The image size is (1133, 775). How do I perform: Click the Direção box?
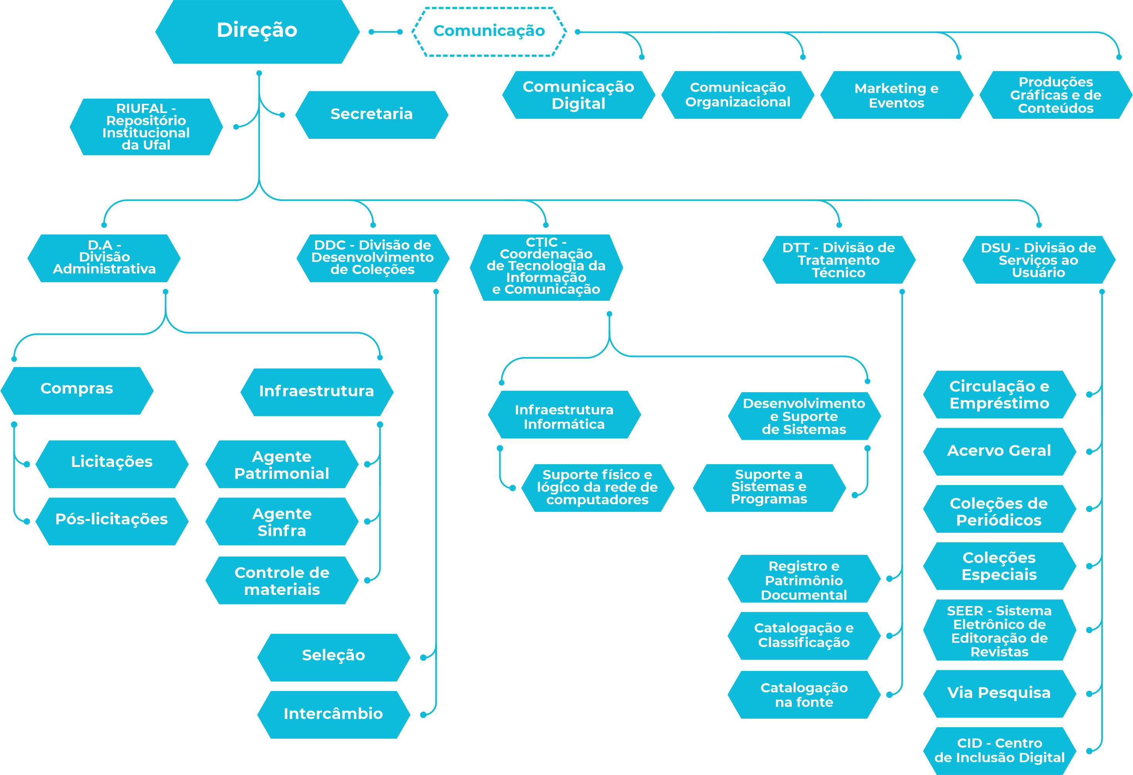(257, 31)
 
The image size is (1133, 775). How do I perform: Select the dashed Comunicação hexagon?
(489, 31)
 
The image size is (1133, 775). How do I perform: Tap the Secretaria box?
(371, 115)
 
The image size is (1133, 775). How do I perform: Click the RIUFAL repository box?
(146, 127)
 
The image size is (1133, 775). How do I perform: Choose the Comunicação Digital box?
(578, 95)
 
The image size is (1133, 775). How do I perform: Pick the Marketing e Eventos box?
(896, 95)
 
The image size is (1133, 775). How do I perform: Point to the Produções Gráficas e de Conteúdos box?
(1055, 95)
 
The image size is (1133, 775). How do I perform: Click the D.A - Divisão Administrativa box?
(104, 258)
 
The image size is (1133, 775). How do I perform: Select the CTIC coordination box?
(546, 267)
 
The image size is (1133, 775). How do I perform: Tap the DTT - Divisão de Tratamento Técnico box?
(838, 260)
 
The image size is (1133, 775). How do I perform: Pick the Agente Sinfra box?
(282, 522)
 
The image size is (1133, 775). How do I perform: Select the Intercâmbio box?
(334, 714)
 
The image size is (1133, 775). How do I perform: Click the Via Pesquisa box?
(999, 693)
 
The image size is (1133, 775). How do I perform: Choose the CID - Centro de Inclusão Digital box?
(999, 750)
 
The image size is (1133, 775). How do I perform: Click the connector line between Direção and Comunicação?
(386, 32)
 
